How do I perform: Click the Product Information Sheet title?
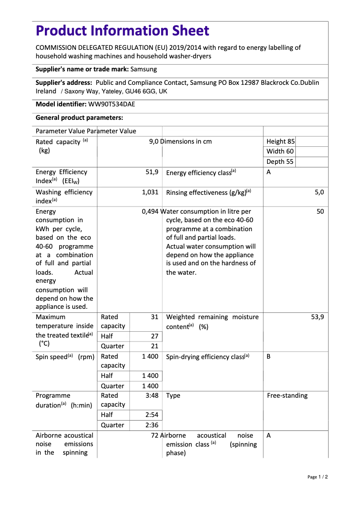point(122,31)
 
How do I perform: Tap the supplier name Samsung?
point(144,70)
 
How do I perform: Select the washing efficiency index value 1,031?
point(150,192)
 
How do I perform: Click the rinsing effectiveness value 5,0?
point(319,192)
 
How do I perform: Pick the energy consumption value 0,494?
point(150,211)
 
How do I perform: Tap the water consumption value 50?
point(320,211)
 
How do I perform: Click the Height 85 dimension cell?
point(281,141)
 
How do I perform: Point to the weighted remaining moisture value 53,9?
point(317,317)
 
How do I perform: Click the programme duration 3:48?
point(152,395)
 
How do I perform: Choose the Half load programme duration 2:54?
point(152,415)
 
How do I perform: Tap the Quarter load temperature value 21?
point(154,346)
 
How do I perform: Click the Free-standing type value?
point(287,395)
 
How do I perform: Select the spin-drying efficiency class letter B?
point(269,356)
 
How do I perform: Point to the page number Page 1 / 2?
point(317,477)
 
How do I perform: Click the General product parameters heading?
point(79,118)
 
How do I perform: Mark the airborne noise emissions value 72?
point(155,435)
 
